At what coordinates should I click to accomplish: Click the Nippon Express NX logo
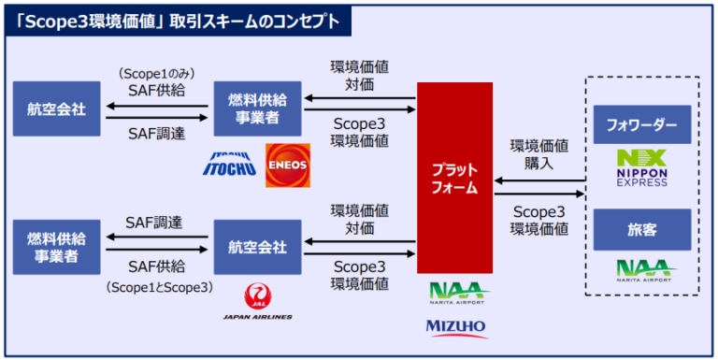[x=641, y=166]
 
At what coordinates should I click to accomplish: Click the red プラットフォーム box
[x=454, y=178]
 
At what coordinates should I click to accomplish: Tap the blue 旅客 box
[x=641, y=228]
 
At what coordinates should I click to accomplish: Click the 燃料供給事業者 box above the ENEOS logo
[x=257, y=108]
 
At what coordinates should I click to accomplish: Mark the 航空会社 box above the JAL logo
[x=257, y=247]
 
